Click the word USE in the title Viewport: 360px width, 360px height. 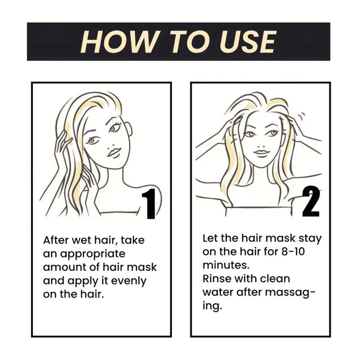[x=247, y=42]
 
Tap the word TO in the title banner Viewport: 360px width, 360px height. [x=186, y=42]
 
